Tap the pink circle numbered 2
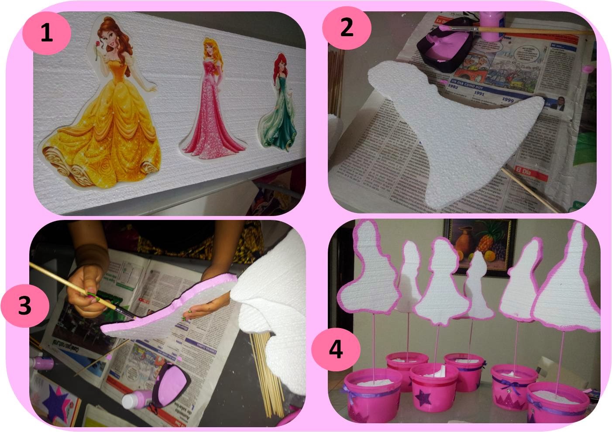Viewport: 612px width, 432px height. pyautogui.click(x=346, y=28)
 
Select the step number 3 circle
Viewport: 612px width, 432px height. pyautogui.click(x=24, y=306)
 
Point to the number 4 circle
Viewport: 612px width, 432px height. pyautogui.click(x=335, y=350)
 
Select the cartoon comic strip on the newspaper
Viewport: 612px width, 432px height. pyautogui.click(x=502, y=63)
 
